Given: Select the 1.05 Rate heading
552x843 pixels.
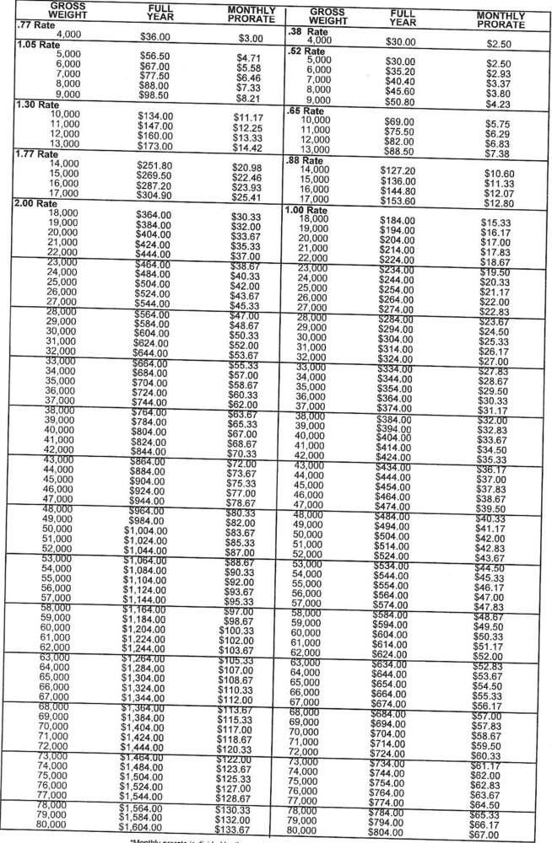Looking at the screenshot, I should pyautogui.click(x=34, y=44).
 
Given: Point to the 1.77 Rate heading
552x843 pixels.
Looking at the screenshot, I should pyautogui.click(x=34, y=155).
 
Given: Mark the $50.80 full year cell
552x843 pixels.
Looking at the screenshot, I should pyautogui.click(x=400, y=101).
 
